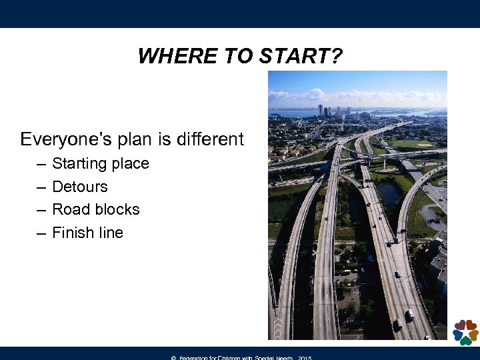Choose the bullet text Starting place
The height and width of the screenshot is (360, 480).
tap(100, 163)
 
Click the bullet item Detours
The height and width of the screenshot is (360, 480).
tap(79, 187)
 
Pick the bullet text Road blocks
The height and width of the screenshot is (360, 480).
tap(95, 209)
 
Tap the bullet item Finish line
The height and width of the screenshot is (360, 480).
tap(87, 233)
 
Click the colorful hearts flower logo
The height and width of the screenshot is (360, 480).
tap(465, 331)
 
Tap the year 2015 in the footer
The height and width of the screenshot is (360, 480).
tap(305, 358)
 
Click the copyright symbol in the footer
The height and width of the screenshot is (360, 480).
tap(173, 358)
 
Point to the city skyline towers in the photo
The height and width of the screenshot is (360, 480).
tap(330, 111)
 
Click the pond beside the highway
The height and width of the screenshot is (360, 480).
tap(390, 193)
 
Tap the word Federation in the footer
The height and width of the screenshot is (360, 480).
tap(197, 358)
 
